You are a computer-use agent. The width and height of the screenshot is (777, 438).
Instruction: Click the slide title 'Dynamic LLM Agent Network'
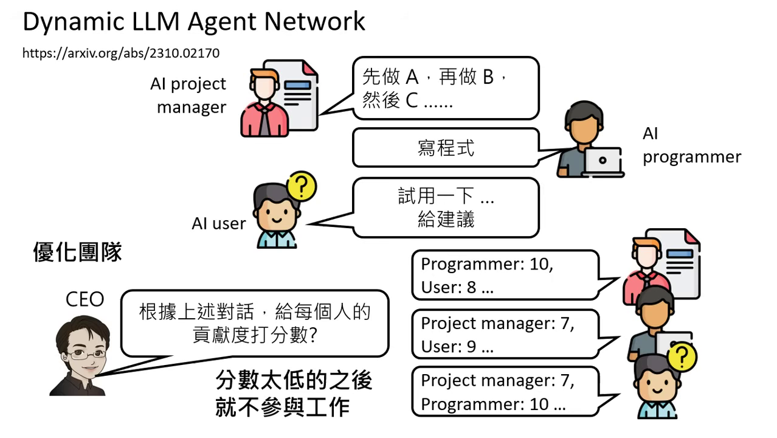pos(193,22)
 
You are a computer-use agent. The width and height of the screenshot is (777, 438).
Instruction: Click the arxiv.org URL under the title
pos(121,53)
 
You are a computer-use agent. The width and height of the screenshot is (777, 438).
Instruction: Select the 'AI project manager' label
pos(188,96)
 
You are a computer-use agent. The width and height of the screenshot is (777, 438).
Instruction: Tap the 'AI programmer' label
pos(691,145)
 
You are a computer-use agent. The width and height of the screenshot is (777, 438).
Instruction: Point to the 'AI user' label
pos(218,223)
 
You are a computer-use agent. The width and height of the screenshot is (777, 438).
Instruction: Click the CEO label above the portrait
pos(85,299)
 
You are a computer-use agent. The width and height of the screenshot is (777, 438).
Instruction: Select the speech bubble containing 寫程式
pos(445,148)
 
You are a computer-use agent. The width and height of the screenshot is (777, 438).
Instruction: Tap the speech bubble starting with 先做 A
pos(445,88)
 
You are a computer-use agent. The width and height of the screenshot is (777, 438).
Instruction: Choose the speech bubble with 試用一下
pos(445,207)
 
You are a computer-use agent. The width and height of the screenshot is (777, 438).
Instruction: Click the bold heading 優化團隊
pos(77,252)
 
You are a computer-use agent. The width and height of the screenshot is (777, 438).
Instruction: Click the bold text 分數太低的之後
pos(294,381)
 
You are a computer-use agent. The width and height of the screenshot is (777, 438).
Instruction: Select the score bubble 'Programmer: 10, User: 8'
pos(505,276)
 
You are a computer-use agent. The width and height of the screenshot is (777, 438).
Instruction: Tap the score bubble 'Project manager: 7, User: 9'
pos(505,335)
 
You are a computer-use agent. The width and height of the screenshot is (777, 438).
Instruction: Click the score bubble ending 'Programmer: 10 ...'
pos(505,392)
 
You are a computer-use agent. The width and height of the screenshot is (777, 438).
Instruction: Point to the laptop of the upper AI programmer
pos(602,161)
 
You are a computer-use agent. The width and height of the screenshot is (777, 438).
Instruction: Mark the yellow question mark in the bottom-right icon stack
pos(682,358)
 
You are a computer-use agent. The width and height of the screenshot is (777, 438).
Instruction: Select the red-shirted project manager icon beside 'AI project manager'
pos(265,103)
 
